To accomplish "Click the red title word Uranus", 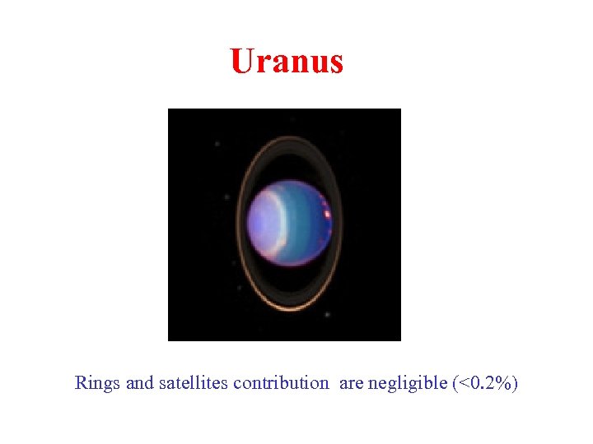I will [x=287, y=62].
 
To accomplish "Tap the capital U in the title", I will [x=241, y=62].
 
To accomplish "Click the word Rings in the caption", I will [x=97, y=383].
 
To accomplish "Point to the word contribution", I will [x=280, y=383].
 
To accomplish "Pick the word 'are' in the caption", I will [x=351, y=383].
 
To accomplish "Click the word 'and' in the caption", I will [x=139, y=383].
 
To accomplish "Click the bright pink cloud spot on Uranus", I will [x=328, y=214].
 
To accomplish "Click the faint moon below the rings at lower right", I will [x=327, y=313].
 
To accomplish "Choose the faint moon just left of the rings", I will [x=226, y=197].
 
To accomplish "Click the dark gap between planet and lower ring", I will [x=288, y=284].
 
